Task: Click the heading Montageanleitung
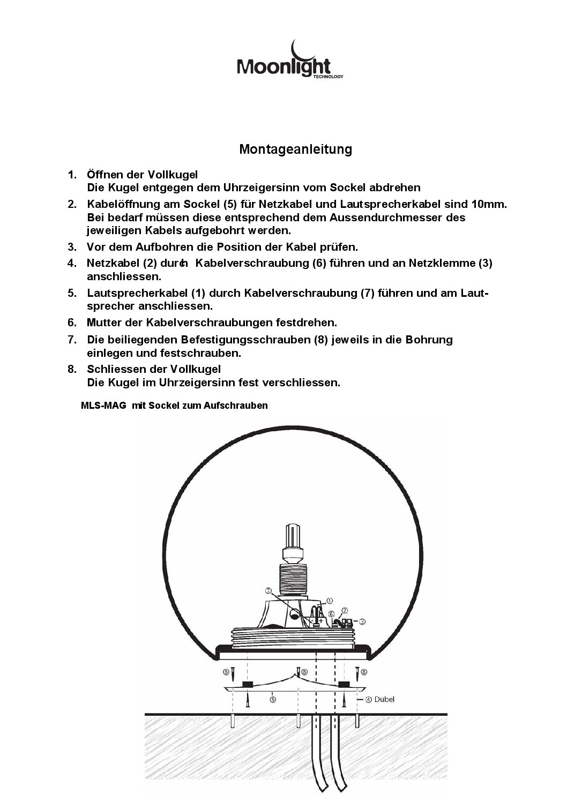coord(295,149)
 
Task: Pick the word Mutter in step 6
coord(104,323)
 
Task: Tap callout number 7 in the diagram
coord(268,591)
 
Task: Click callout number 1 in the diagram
coord(330,601)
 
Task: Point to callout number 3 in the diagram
coord(362,621)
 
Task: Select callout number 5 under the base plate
coord(273,699)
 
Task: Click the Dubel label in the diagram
coord(384,699)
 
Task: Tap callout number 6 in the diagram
coord(331,614)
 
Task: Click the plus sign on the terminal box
coord(320,620)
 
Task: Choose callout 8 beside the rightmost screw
coord(364,671)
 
